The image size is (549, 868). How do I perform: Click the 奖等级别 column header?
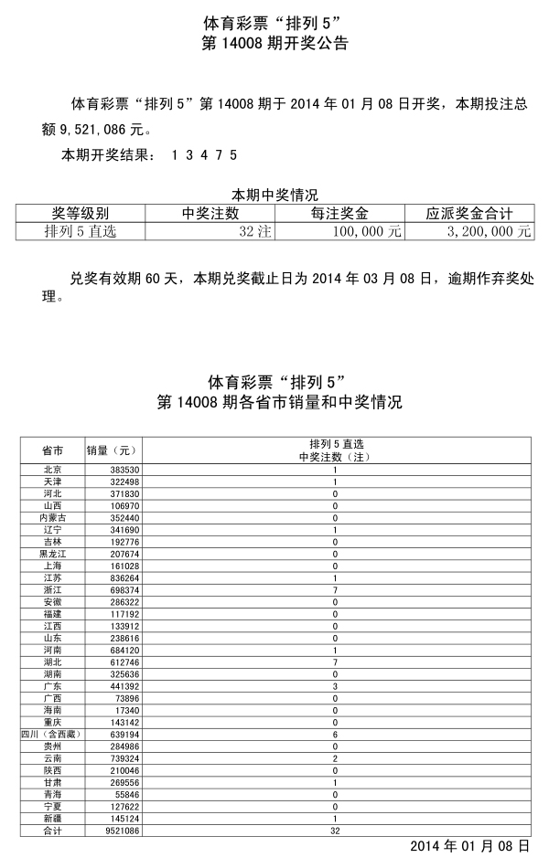[x=81, y=214]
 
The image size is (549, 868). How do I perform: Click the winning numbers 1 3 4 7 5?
[x=204, y=154]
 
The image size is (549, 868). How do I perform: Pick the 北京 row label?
[x=52, y=470]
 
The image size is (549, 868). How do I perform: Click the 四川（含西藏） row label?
[x=52, y=734]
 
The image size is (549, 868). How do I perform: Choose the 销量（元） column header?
[x=111, y=450]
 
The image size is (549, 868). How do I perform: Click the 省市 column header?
[x=52, y=450]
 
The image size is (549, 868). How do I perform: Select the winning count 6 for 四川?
[x=335, y=734]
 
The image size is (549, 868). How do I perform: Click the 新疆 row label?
[x=52, y=818]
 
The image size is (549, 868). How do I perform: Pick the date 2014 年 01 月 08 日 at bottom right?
[x=469, y=847]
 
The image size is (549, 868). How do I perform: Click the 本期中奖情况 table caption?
[x=274, y=195]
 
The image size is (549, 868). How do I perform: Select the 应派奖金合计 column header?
[x=468, y=214]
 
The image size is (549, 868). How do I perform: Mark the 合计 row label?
[x=52, y=831]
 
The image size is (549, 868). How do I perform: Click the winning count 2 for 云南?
[x=335, y=758]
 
